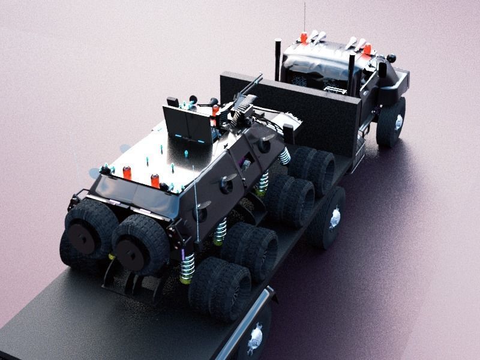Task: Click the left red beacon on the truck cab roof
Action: click(304, 38)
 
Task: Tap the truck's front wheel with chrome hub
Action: click(392, 122)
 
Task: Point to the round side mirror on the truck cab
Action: click(392, 59)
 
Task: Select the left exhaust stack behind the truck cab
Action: click(278, 59)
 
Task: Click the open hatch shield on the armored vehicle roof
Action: click(188, 125)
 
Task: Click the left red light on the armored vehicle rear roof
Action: click(127, 173)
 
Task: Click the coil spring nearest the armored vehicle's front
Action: click(284, 157)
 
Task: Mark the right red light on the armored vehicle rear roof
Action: click(155, 180)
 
